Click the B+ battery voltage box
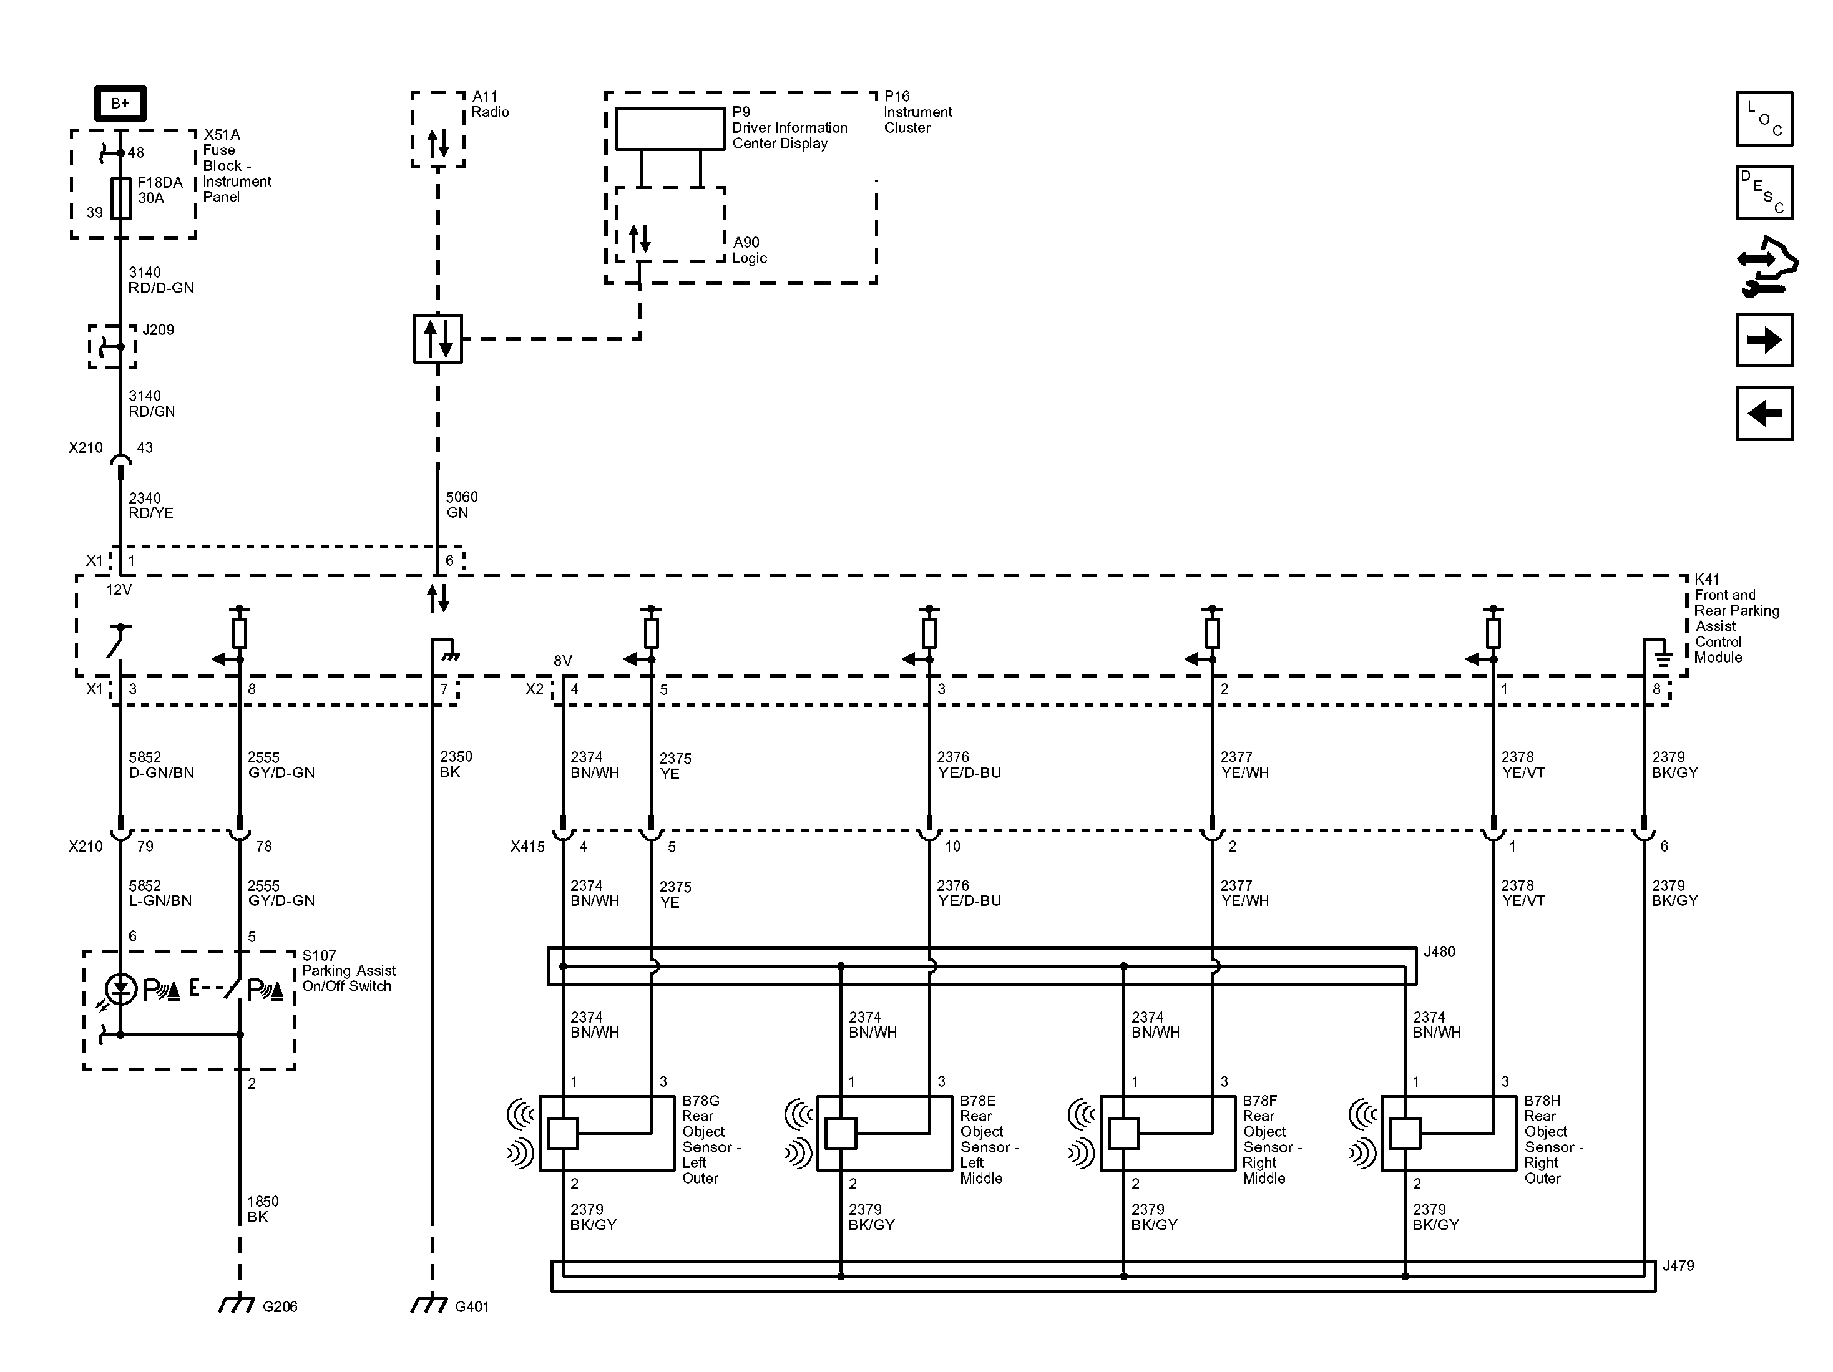tap(120, 104)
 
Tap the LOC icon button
tap(1764, 119)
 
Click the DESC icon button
tap(1764, 192)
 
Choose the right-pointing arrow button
tap(1764, 339)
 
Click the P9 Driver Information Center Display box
tap(670, 129)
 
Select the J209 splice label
tap(159, 330)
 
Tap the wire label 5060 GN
tap(462, 505)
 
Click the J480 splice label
tap(1439, 952)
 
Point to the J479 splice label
tap(1678, 1266)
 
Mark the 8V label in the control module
tap(563, 660)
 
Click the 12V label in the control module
tap(119, 590)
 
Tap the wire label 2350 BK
tap(456, 764)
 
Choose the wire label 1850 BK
tap(263, 1209)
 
